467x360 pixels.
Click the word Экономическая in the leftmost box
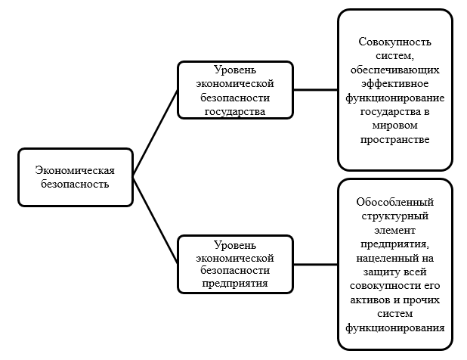click(76, 170)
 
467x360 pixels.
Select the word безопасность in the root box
click(76, 183)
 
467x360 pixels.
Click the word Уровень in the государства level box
click(235, 68)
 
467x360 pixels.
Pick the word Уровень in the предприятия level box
click(235, 244)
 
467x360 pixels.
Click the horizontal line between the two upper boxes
click(315, 89)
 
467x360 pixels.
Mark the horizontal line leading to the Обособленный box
click(315, 264)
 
